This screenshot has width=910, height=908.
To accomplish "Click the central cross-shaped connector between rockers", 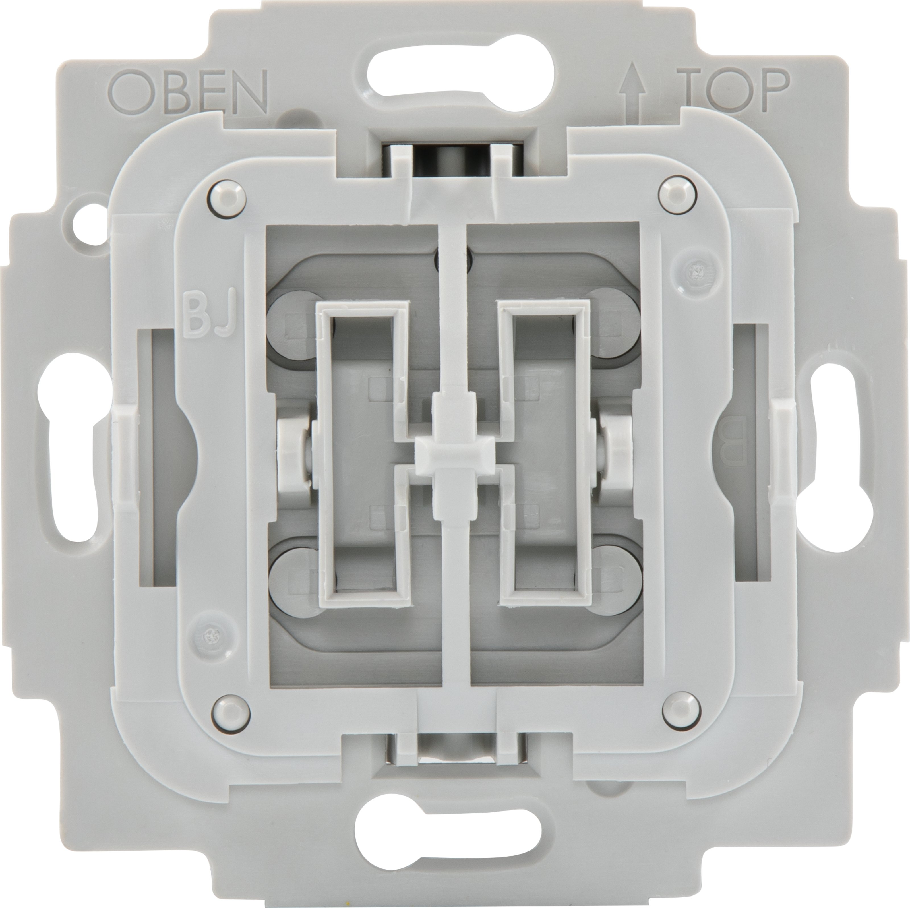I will pyautogui.click(x=454, y=454).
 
